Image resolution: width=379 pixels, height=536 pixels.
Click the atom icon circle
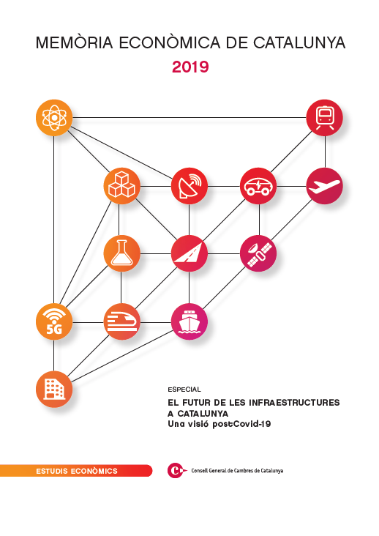[x=54, y=118]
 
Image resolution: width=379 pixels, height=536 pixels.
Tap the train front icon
[x=324, y=118]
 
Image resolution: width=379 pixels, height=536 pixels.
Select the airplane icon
[x=324, y=186]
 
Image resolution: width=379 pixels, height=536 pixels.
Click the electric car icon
[x=258, y=186]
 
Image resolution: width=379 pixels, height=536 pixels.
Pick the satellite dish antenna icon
[x=189, y=186]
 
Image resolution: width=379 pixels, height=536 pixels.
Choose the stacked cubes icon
[x=122, y=186]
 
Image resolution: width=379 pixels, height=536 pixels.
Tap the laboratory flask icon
[x=122, y=253]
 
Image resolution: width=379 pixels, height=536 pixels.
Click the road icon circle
[x=189, y=253]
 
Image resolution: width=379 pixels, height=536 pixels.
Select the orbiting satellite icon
[x=258, y=253]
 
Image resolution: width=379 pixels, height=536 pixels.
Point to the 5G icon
[x=54, y=321]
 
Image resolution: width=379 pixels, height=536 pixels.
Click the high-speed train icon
[x=122, y=321]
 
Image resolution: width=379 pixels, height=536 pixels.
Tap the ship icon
[x=189, y=321]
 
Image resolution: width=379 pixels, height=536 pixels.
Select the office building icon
[x=54, y=389]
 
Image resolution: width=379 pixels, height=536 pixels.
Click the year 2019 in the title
[x=190, y=67]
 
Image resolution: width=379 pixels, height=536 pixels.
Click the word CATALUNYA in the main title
[x=299, y=42]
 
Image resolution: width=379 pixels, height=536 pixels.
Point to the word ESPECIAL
[x=184, y=390]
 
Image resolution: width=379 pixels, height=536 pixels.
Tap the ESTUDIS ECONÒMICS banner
[x=77, y=471]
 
